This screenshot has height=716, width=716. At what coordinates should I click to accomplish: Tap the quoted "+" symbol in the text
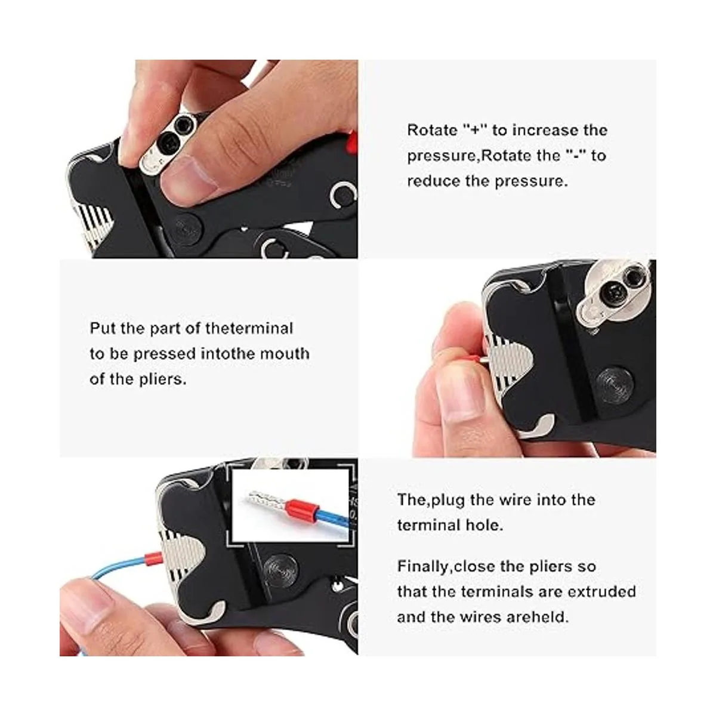[473, 131]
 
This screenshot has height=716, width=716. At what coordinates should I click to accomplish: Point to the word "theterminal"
[249, 328]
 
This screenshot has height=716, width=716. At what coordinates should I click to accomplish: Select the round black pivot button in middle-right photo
[613, 385]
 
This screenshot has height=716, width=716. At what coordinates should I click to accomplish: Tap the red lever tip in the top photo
[351, 142]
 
